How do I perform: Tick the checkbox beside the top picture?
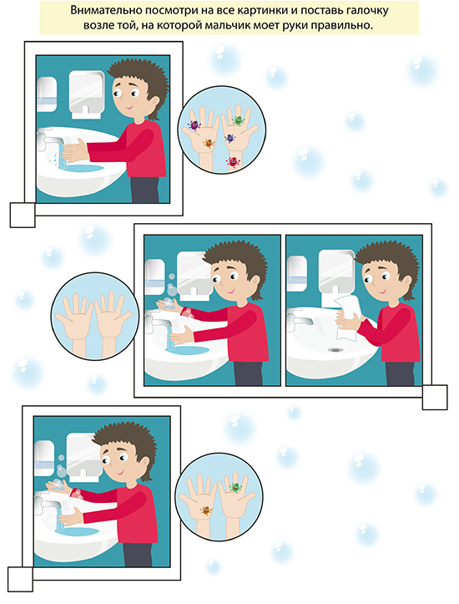click(x=23, y=215)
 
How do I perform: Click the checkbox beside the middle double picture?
click(x=435, y=397)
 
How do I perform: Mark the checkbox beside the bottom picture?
click(x=20, y=579)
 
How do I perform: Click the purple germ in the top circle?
click(x=194, y=124)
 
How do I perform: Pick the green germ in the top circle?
click(x=239, y=119)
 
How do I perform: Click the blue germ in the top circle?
click(x=230, y=138)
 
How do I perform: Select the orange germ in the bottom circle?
click(x=206, y=510)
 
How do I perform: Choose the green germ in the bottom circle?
click(x=235, y=488)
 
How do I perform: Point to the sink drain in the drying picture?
click(x=335, y=350)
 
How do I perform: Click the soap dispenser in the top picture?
click(x=47, y=94)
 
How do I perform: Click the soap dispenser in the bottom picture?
click(x=44, y=459)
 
